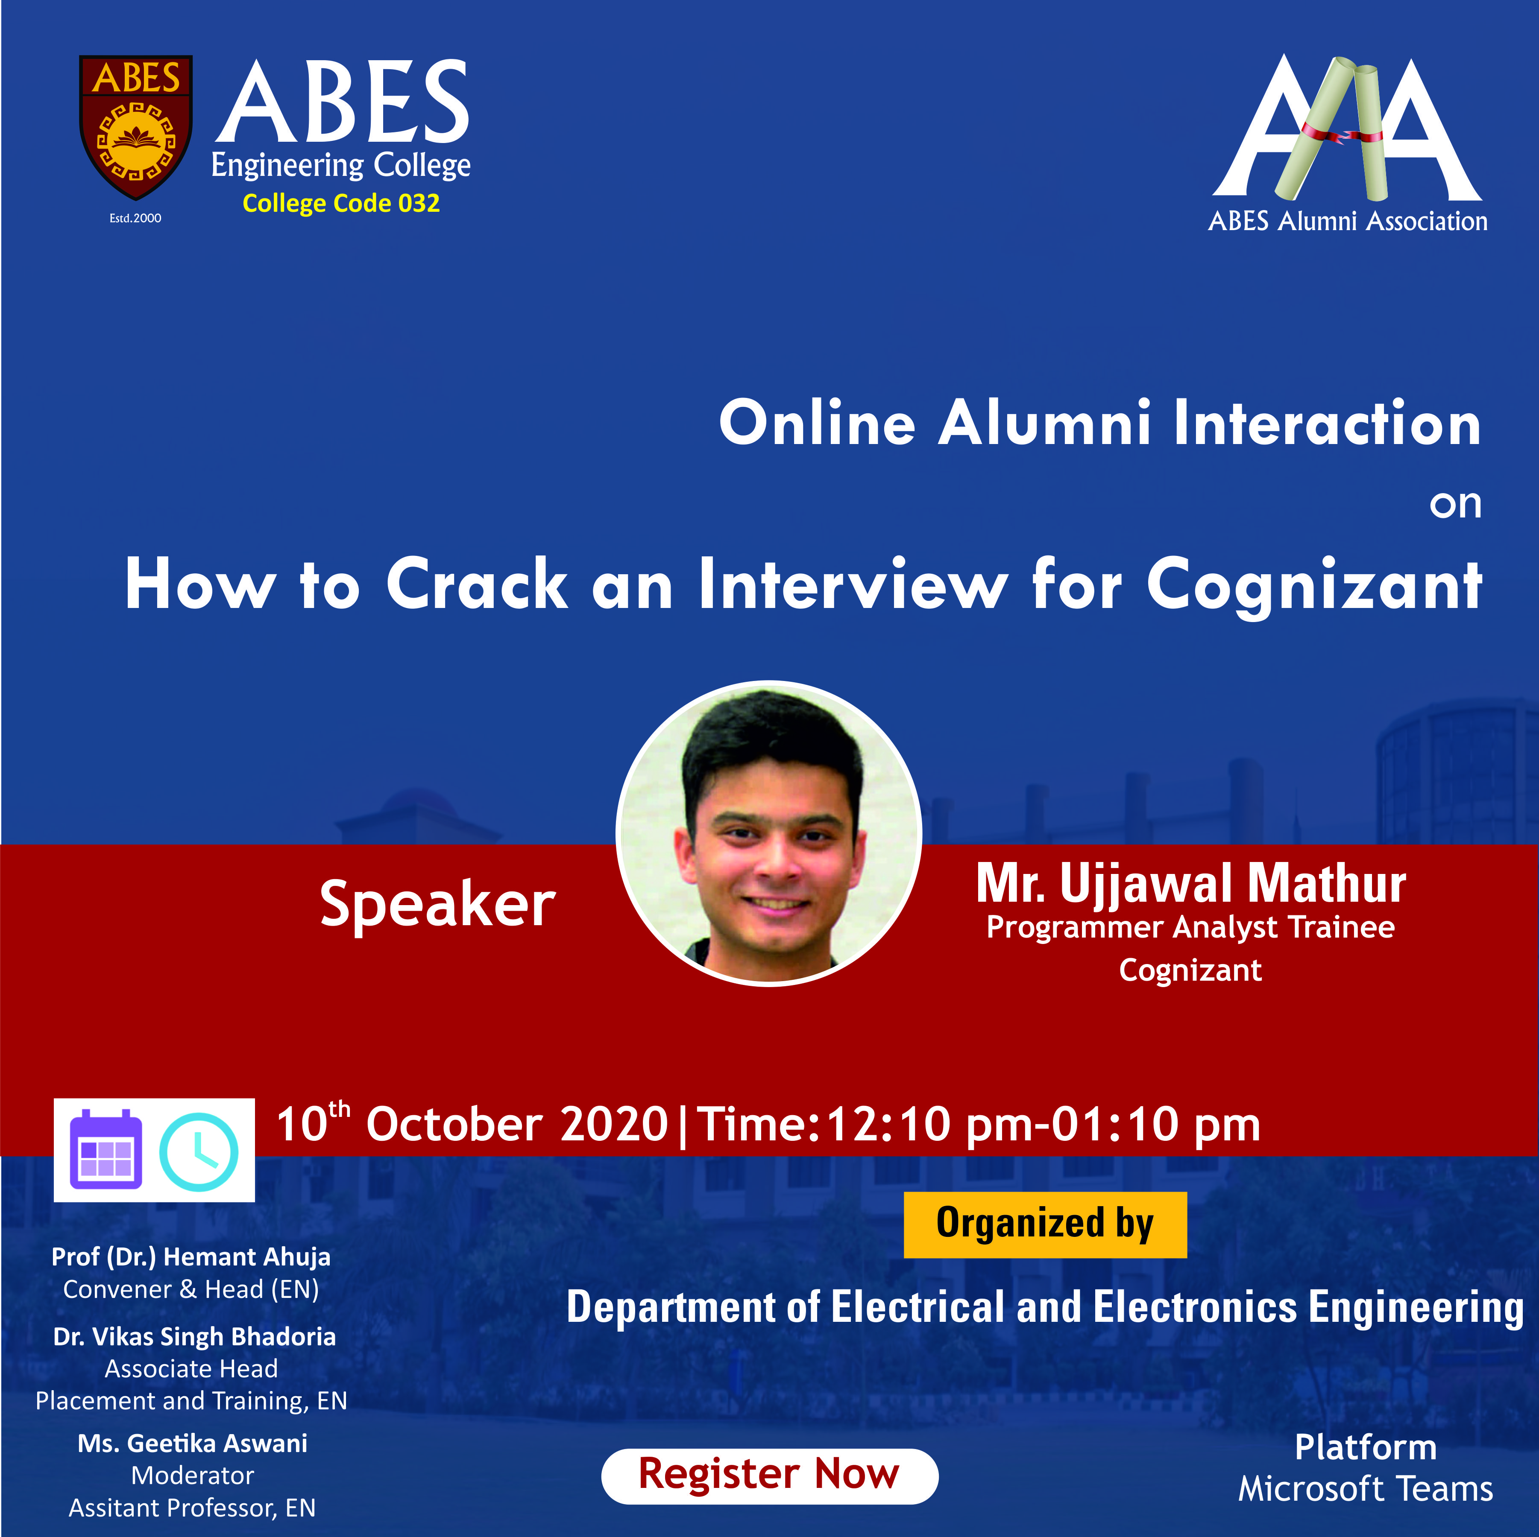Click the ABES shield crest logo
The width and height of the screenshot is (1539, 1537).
point(135,126)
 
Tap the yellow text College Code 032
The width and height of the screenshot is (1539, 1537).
point(341,203)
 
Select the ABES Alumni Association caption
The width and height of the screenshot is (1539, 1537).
point(1348,221)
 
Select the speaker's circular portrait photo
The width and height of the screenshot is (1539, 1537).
point(769,833)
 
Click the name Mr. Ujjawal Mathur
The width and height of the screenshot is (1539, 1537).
point(1191,883)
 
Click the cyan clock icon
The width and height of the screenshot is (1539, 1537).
point(198,1151)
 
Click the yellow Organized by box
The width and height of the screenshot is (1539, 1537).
point(1045,1225)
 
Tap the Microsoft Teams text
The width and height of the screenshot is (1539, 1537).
point(1365,1488)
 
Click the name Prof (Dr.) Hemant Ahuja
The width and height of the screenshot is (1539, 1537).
point(191,1256)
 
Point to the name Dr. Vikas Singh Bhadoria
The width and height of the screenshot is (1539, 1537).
point(194,1336)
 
